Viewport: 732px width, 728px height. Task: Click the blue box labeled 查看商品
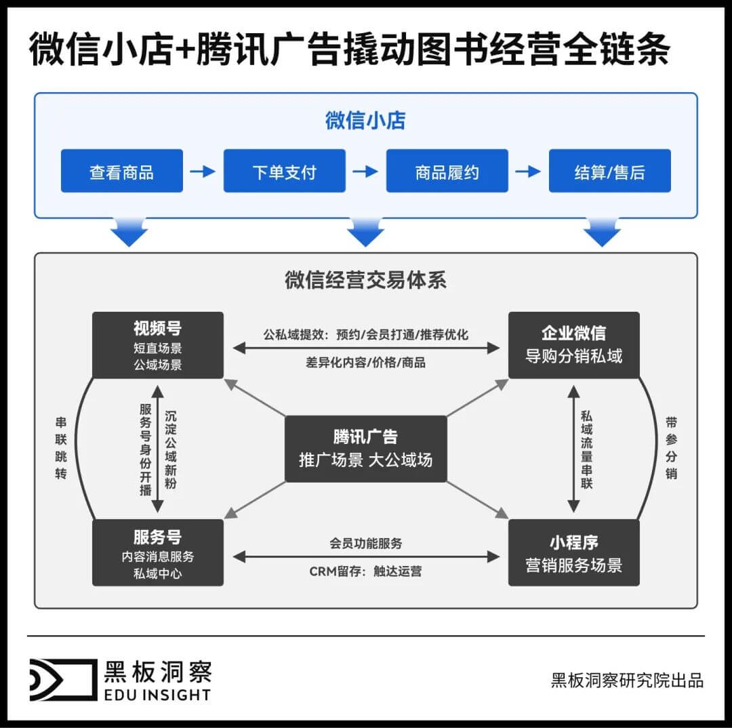click(122, 171)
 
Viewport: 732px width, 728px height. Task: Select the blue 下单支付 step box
click(285, 171)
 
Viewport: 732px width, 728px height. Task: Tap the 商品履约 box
click(447, 171)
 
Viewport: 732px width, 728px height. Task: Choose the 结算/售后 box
click(609, 171)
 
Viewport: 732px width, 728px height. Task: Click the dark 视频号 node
click(158, 345)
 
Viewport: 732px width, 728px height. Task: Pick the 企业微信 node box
click(573, 345)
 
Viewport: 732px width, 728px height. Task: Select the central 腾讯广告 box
click(365, 449)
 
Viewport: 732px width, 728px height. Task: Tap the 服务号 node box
click(158, 552)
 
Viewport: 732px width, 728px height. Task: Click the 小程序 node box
click(573, 552)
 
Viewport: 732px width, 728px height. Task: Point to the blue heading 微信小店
click(365, 121)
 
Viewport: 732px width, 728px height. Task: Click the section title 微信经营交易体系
click(365, 280)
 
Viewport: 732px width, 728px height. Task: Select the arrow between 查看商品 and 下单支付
click(203, 171)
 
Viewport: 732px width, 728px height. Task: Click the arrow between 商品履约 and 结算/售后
click(528, 171)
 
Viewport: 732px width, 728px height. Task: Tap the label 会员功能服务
click(365, 543)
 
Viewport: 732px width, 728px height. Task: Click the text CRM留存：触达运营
click(365, 571)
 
